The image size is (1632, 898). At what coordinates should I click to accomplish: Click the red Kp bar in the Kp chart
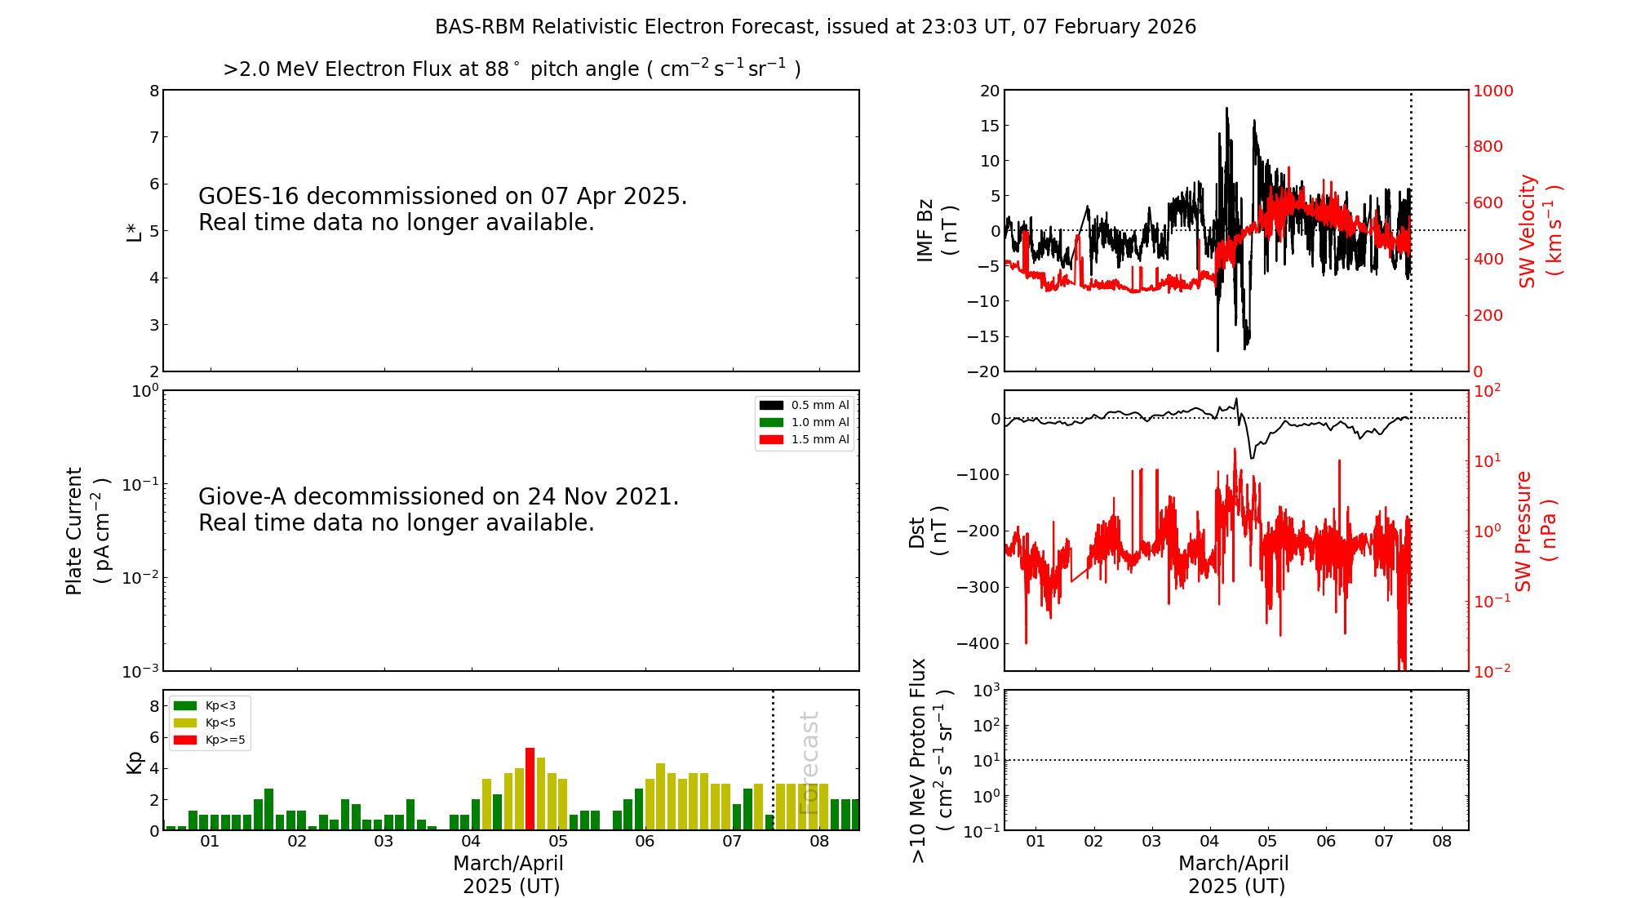[x=530, y=789]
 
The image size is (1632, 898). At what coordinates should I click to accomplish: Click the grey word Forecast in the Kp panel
[x=809, y=763]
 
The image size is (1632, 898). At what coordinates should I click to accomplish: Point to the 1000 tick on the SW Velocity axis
[x=1492, y=91]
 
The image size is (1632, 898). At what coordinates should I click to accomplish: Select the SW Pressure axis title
[x=1535, y=531]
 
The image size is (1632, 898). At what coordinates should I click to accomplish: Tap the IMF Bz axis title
[x=936, y=230]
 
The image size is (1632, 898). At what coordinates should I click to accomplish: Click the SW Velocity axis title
[x=1539, y=230]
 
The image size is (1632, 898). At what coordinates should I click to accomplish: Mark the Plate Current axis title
[x=86, y=531]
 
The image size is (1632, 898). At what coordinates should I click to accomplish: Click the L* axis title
[x=134, y=232]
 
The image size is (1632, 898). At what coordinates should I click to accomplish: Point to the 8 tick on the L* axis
[x=153, y=91]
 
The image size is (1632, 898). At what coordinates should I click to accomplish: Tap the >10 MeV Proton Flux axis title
[x=930, y=760]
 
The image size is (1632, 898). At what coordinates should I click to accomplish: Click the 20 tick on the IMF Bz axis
[x=989, y=91]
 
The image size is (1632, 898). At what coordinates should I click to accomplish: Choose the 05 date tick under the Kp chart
[x=558, y=842]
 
